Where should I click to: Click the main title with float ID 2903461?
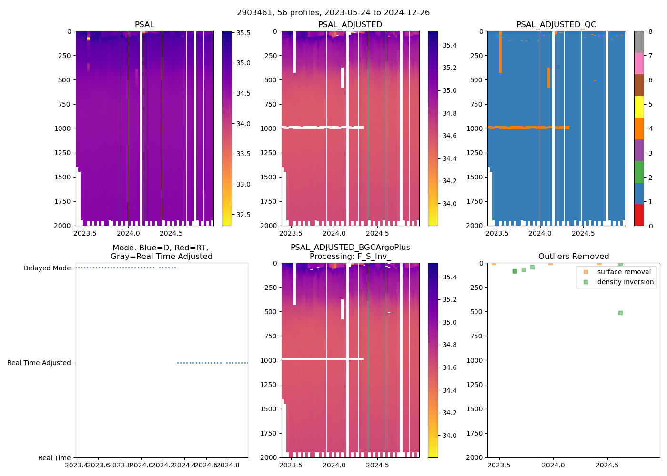coord(333,13)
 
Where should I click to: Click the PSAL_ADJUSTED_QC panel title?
coord(556,25)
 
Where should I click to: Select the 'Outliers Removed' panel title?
coord(573,257)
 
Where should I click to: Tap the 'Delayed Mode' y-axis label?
coord(47,268)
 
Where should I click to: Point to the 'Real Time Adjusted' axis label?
coord(39,363)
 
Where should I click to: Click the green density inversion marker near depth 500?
coord(620,313)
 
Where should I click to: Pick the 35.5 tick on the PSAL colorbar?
coord(243,33)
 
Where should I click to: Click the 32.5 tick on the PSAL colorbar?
coord(243,215)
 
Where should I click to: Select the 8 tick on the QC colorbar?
coord(650,31)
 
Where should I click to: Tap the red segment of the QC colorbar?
coord(639,215)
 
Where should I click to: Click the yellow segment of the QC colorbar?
coord(639,107)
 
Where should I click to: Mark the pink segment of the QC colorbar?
coord(639,63)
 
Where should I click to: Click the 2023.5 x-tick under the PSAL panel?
coord(85,233)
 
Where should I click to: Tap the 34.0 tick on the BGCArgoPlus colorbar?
coord(450,436)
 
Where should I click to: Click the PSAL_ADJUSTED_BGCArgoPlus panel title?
coord(350,252)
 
